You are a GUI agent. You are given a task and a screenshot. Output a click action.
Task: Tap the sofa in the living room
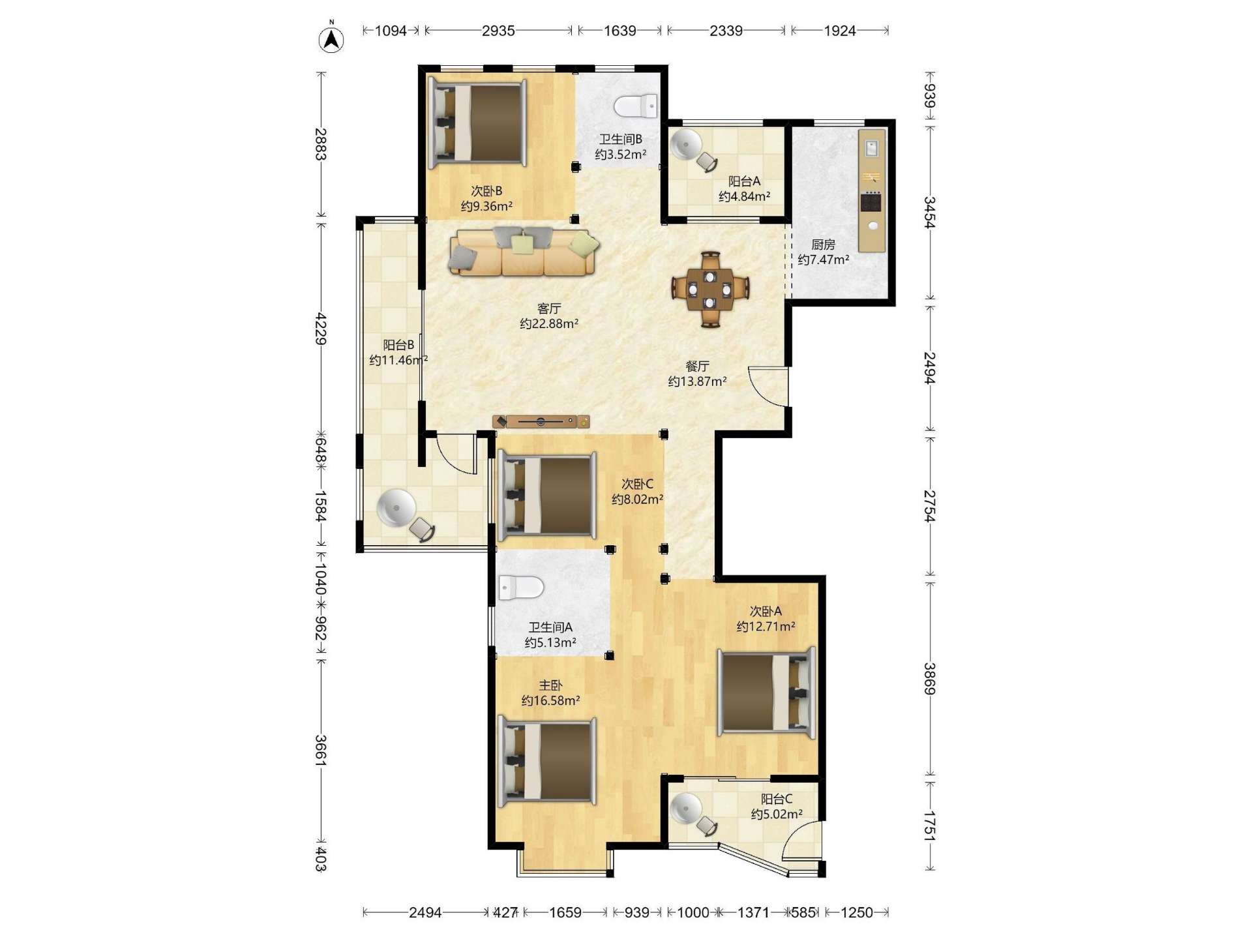point(523,251)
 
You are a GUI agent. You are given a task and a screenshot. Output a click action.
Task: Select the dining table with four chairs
point(710,289)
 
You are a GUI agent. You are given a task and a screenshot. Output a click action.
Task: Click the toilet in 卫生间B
point(636,106)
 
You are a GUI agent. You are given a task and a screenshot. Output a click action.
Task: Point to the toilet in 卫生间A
point(520,587)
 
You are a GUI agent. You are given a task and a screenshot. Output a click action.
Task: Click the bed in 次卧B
point(477,123)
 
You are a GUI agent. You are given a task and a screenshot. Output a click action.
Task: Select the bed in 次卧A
point(767,692)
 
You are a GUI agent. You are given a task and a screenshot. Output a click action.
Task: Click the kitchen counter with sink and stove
point(872,190)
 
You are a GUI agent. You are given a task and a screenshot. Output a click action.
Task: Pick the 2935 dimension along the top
point(498,31)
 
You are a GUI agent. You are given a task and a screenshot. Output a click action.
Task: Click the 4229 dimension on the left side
point(321,329)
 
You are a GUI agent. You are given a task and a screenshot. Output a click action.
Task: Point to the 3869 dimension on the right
point(930,679)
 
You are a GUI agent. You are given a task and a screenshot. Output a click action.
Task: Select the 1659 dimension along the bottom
point(565,912)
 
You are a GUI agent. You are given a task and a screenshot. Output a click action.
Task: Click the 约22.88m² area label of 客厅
point(549,323)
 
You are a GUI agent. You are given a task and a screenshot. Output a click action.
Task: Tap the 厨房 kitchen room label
point(823,245)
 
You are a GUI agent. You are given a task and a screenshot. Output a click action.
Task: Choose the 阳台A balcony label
point(744,181)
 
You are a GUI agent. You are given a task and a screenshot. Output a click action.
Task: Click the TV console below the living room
point(541,422)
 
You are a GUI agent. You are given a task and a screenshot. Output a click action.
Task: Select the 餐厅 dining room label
point(697,366)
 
